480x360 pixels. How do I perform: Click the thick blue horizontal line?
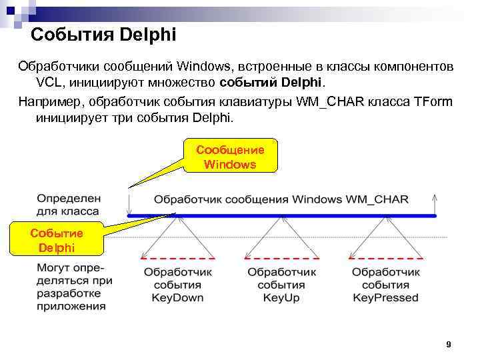point(280,215)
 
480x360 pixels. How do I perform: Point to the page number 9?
point(448,345)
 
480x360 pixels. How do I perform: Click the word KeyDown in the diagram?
point(177,298)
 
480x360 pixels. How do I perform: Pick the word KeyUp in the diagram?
point(280,298)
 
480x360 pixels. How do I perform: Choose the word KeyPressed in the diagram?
point(386,298)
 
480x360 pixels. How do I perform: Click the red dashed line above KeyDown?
point(177,257)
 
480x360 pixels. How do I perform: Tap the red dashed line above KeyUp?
point(281,257)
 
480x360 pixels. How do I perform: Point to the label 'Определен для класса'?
point(68,205)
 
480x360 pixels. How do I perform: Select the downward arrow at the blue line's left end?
point(129,203)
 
